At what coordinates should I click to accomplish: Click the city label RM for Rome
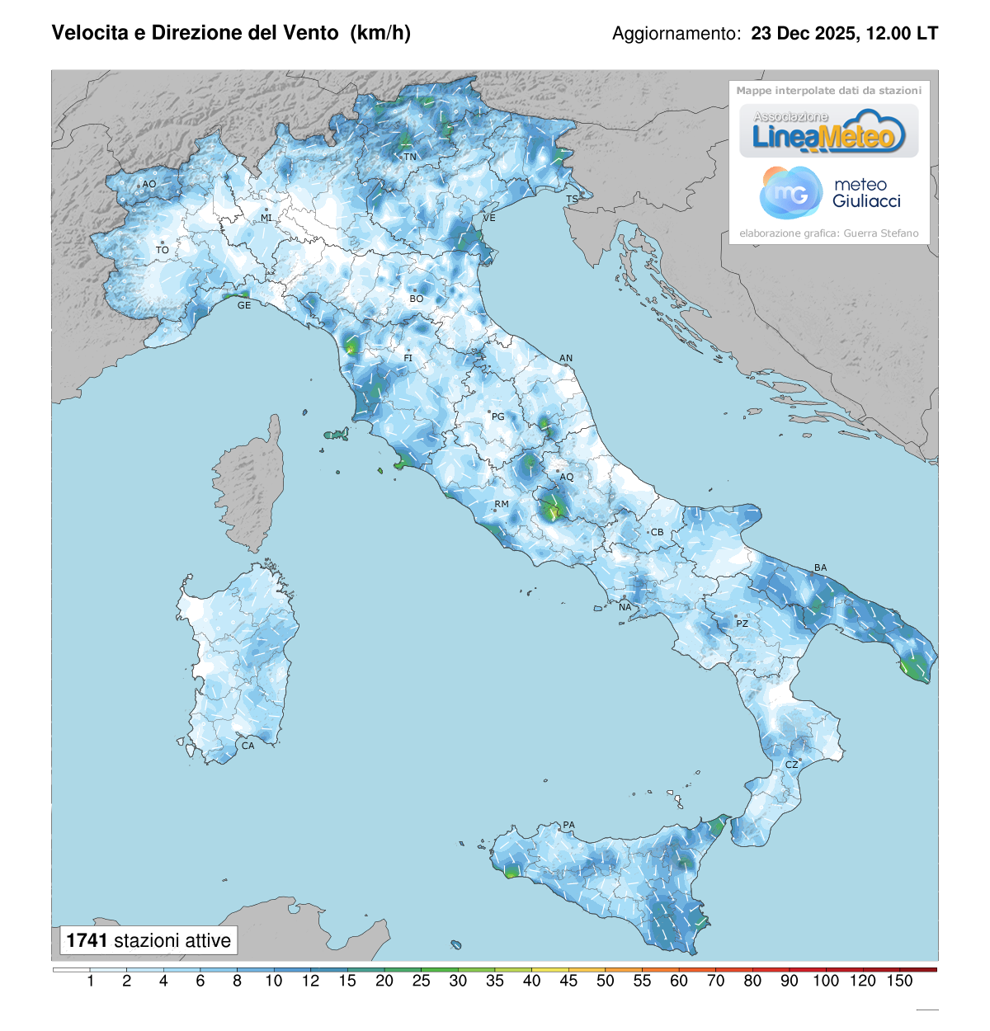pos(502,504)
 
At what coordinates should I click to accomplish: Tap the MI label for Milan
pos(266,218)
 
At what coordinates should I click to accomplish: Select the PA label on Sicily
pos(568,825)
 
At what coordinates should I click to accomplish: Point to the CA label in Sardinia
pos(247,746)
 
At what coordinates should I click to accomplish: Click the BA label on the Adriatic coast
pos(820,567)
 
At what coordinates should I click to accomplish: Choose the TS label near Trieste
pos(572,200)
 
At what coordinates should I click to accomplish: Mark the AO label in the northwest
pos(148,184)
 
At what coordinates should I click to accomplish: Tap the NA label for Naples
pos(625,607)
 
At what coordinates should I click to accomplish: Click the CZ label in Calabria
pos(791,765)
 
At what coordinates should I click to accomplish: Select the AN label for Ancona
pos(566,358)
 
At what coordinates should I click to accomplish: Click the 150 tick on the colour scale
pos(899,981)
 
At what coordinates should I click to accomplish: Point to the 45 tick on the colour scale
pos(568,981)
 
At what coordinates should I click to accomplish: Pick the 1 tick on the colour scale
pos(90,981)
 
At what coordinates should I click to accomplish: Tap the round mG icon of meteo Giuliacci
pos(790,193)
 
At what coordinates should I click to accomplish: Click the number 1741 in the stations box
pos(87,940)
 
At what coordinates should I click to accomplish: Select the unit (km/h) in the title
pos(380,33)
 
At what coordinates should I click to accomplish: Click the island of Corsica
pos(252,487)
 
